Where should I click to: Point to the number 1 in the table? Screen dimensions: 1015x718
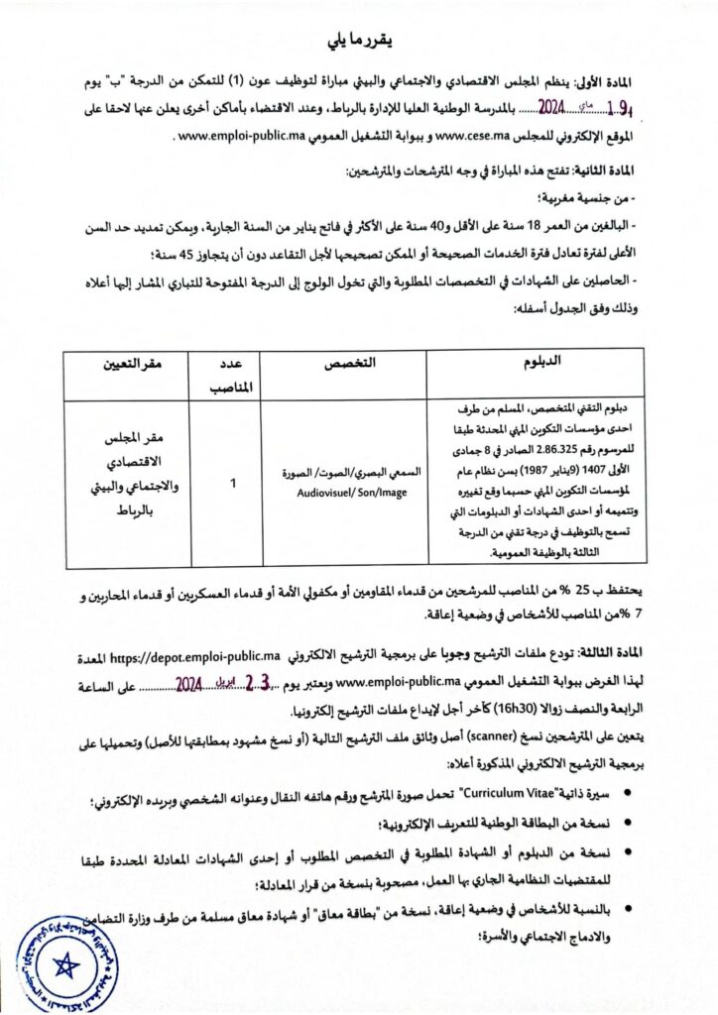(233, 484)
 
